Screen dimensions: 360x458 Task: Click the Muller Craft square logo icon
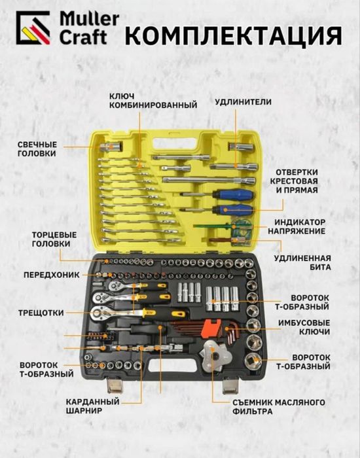[33, 27]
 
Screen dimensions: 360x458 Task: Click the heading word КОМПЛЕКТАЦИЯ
[234, 35]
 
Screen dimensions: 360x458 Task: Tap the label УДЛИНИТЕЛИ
[243, 102]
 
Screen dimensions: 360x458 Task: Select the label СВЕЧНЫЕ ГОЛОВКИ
[37, 149]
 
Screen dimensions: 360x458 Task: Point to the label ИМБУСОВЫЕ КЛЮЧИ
[304, 327]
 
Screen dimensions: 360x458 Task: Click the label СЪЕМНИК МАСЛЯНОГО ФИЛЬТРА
[279, 407]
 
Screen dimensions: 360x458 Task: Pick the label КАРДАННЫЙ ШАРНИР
[93, 406]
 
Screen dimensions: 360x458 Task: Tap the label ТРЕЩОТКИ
[41, 313]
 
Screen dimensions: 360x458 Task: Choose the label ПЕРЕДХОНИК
[52, 275]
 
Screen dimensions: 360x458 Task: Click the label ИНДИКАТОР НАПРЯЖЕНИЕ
[297, 226]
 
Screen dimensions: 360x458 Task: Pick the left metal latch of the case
[114, 385]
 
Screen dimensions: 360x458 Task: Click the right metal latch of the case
[230, 385]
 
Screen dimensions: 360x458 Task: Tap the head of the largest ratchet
[100, 313]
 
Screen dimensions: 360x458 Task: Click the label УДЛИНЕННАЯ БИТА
[302, 262]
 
